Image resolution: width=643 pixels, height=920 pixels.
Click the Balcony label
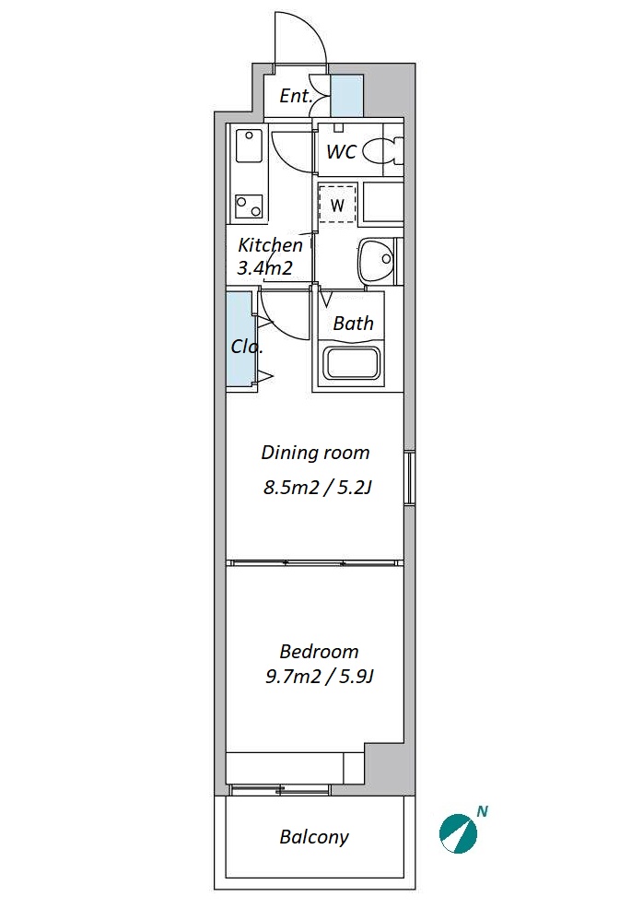click(314, 837)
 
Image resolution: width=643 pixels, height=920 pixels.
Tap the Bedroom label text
click(319, 651)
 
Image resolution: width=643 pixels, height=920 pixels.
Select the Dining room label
click(315, 453)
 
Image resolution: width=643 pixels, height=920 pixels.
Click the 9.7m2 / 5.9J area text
click(320, 677)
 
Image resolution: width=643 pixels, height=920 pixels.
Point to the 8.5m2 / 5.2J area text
click(318, 487)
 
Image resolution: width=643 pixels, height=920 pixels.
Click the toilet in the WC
click(382, 151)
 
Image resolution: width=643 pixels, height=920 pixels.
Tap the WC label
click(341, 151)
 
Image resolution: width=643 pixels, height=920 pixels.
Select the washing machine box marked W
click(337, 204)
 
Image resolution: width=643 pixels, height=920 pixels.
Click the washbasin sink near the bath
click(376, 260)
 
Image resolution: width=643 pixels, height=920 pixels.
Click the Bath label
click(353, 324)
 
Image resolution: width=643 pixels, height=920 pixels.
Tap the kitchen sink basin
click(249, 146)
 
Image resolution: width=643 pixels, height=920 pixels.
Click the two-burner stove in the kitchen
click(249, 206)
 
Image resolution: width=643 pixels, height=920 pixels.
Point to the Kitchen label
click(270, 244)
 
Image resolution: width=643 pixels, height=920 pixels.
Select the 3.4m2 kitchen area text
click(264, 268)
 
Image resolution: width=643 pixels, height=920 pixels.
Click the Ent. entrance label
click(296, 96)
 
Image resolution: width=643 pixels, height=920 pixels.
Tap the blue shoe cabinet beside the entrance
click(347, 96)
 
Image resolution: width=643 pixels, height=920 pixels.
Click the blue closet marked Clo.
click(240, 338)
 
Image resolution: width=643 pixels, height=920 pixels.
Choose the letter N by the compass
click(483, 811)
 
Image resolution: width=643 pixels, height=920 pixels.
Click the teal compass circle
click(458, 833)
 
